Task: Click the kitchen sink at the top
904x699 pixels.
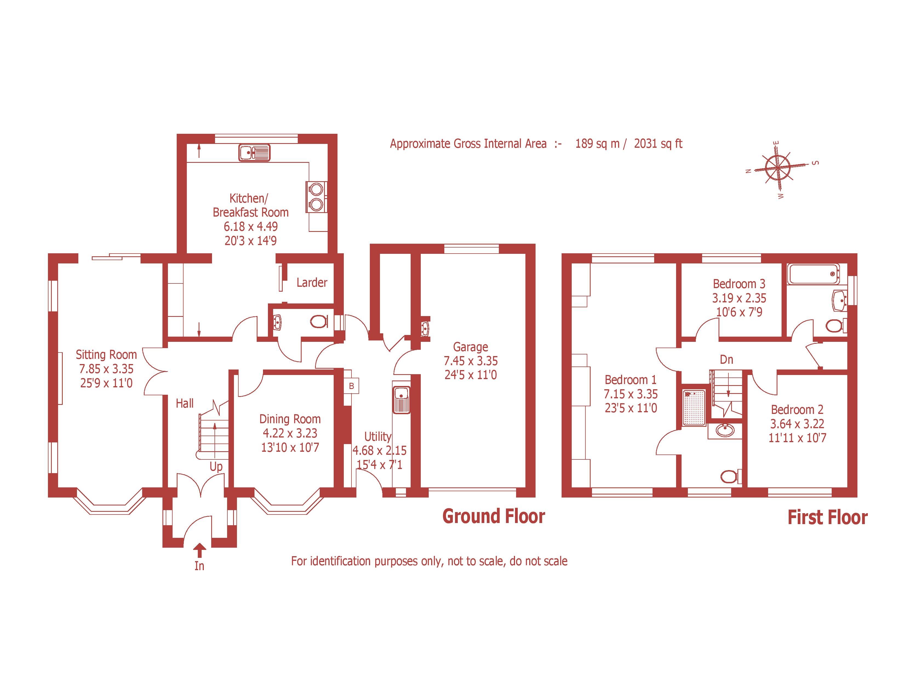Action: [254, 152]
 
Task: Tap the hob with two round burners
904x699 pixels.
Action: [316, 197]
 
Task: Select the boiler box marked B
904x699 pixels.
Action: [351, 386]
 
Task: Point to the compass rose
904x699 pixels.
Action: [778, 168]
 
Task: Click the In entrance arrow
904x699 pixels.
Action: [199, 550]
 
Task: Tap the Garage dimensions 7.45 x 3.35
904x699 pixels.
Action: [471, 361]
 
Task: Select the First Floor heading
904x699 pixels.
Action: [827, 518]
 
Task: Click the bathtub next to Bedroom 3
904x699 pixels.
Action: [813, 274]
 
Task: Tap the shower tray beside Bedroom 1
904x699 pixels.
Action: [694, 407]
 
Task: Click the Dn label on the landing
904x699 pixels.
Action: [726, 359]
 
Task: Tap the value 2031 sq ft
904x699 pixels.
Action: [658, 144]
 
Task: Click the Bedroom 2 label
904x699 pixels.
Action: [797, 410]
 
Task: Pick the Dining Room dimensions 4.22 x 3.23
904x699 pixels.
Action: [290, 433]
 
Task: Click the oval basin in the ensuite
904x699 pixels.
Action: [724, 431]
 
